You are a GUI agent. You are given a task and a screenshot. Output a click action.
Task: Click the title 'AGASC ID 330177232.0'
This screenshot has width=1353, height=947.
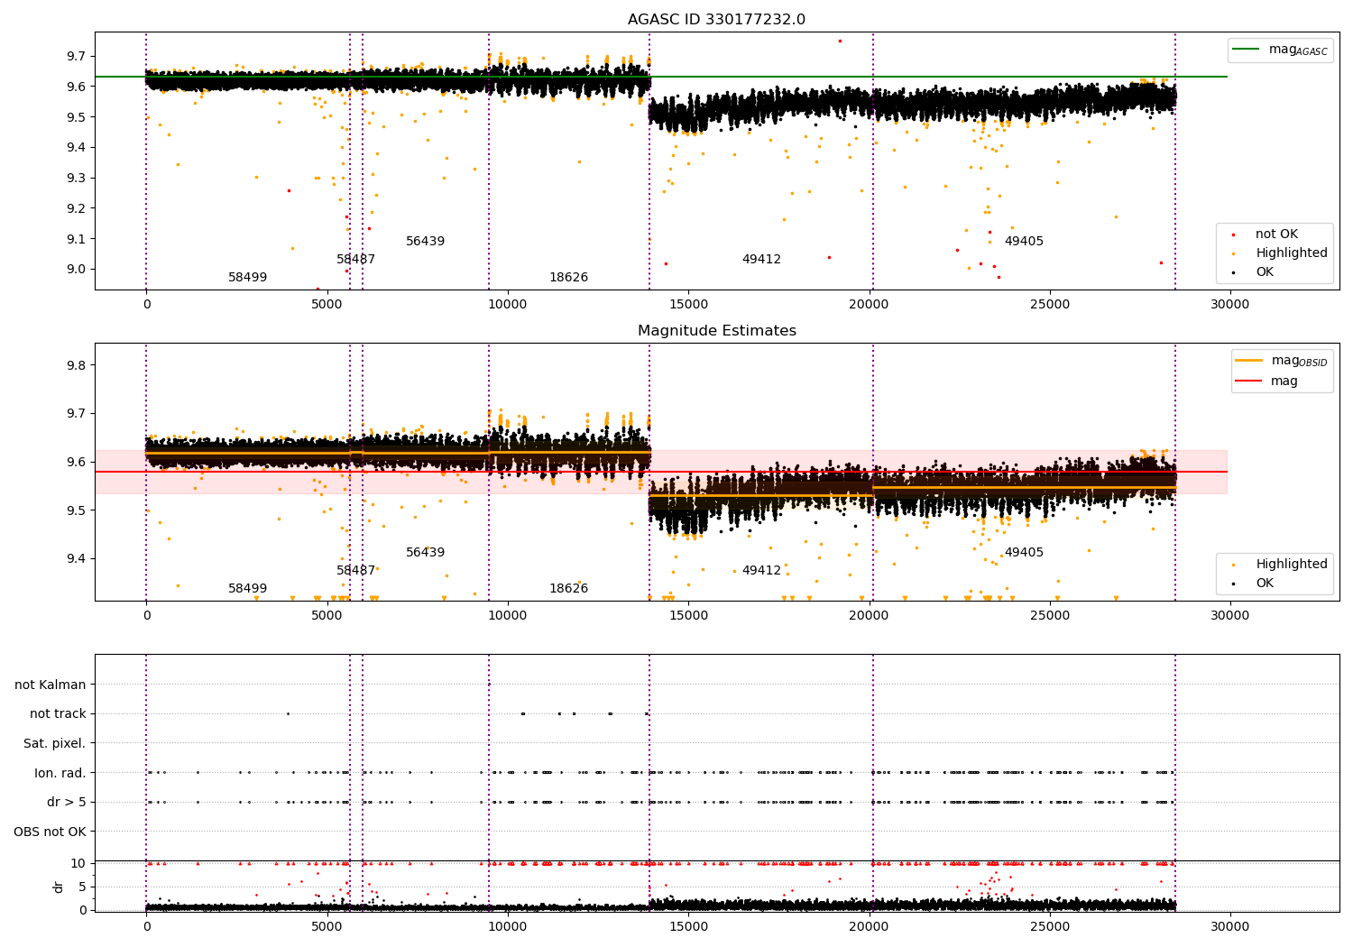[716, 20]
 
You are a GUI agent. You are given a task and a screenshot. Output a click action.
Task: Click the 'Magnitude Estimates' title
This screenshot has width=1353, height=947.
[716, 331]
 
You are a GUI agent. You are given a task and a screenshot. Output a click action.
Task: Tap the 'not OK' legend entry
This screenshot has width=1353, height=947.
[1275, 234]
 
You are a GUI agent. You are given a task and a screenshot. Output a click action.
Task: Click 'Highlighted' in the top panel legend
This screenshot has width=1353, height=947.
[1291, 253]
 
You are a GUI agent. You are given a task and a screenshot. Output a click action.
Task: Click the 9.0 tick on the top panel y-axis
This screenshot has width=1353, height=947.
[76, 269]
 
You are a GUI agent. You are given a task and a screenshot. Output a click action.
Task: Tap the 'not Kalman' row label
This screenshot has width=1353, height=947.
[51, 685]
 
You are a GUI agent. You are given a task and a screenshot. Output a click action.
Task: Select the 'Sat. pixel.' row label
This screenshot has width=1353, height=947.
[54, 743]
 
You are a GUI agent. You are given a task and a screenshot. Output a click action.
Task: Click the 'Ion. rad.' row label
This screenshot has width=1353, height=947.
[60, 773]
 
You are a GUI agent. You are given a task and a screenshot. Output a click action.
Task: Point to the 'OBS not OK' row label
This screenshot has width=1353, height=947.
[51, 832]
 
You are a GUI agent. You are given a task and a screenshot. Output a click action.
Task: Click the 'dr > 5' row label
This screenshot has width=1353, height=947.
[66, 802]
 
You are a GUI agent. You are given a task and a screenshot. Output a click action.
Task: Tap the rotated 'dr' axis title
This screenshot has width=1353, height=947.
[59, 887]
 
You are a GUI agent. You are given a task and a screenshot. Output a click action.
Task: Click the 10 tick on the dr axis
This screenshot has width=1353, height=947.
[78, 863]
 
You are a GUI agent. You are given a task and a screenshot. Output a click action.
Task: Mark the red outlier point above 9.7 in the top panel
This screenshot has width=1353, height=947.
[840, 41]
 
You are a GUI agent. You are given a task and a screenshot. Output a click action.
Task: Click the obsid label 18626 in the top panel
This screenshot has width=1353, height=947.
[568, 278]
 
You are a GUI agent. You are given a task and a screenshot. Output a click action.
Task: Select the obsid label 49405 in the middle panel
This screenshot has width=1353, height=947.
[1024, 553]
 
